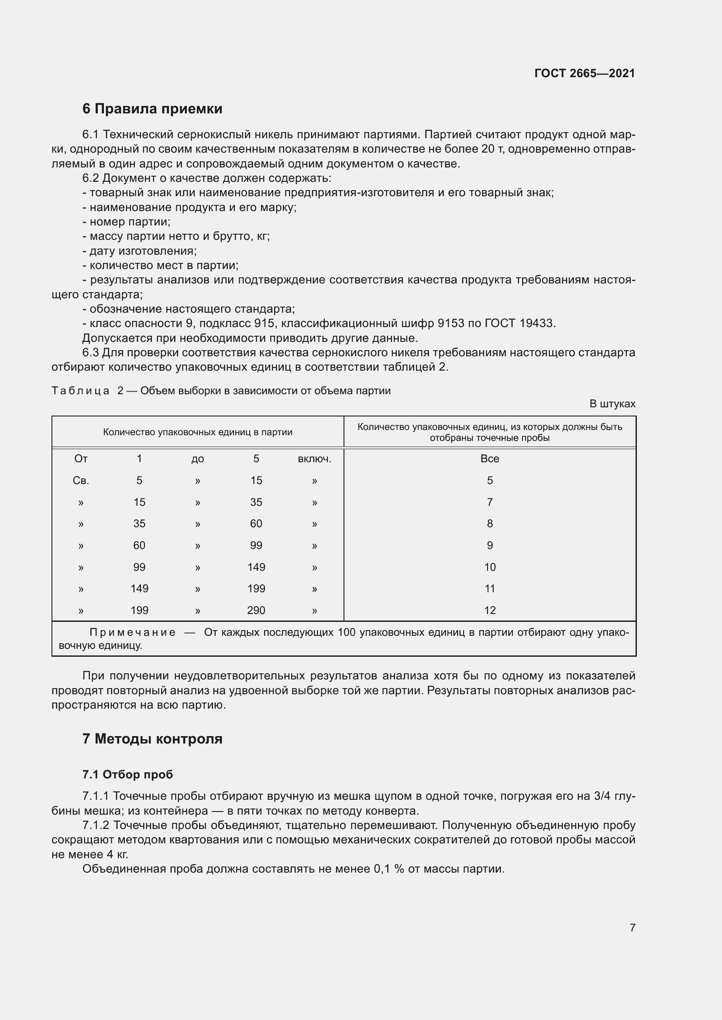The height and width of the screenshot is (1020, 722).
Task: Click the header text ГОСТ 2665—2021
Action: point(584,73)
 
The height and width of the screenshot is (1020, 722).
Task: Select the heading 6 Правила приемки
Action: point(152,109)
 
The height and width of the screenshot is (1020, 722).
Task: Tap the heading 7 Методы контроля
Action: point(152,739)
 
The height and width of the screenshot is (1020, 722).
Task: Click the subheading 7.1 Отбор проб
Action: point(127,774)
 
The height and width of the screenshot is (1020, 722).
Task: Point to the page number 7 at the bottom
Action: point(632,928)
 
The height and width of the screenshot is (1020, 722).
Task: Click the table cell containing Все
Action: point(489,459)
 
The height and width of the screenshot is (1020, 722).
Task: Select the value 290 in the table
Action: point(256,611)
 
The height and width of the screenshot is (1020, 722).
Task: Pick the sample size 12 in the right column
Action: point(489,611)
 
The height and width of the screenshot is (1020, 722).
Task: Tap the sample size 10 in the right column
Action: point(489,567)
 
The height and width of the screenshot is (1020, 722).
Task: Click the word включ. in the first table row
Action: point(314,459)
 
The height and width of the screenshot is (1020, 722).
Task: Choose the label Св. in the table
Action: point(81,481)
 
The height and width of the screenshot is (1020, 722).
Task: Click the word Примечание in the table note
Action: point(133,632)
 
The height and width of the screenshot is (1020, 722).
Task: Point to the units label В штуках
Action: point(612,404)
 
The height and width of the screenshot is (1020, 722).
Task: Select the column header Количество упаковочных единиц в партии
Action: point(197,432)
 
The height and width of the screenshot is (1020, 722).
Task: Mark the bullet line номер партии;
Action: point(127,222)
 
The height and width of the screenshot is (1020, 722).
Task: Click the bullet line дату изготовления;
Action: point(140,251)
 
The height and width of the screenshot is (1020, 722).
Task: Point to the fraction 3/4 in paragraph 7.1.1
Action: point(602,796)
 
